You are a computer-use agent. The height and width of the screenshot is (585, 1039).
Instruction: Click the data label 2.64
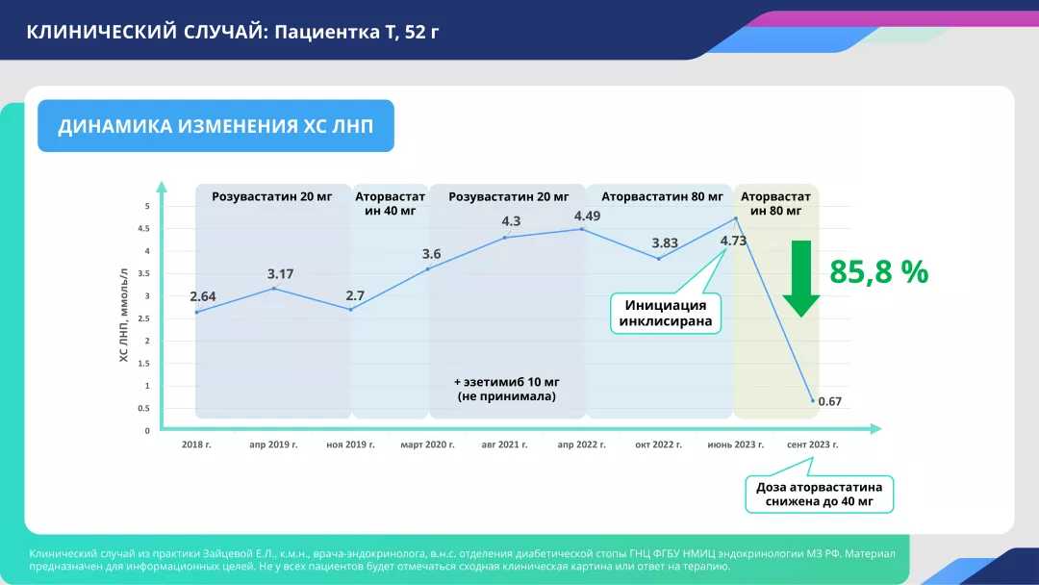[203, 296]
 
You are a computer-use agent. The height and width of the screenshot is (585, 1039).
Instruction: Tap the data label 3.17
[280, 273]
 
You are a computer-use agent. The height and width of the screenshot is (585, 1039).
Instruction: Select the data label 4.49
[587, 216]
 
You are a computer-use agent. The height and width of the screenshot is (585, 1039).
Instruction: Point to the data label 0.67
[829, 401]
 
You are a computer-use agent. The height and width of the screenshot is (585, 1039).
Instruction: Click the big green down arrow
[801, 278]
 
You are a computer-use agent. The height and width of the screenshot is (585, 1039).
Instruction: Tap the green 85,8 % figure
[878, 271]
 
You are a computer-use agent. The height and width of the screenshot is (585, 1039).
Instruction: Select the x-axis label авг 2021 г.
[504, 445]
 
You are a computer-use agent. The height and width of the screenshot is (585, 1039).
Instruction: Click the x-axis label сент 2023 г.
[812, 445]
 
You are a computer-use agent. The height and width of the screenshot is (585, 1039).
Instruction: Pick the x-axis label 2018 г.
[196, 445]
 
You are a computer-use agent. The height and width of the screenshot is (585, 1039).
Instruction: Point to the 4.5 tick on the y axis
[143, 229]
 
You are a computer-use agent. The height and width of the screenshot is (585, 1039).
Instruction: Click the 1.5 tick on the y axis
[143, 364]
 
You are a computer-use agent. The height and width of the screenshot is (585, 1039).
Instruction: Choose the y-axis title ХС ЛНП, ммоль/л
[123, 316]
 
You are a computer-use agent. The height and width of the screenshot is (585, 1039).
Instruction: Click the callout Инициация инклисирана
[666, 314]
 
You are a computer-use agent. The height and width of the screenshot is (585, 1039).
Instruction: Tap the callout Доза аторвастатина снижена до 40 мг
[819, 495]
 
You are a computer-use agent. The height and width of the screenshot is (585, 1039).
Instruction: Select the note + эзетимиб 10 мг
[506, 382]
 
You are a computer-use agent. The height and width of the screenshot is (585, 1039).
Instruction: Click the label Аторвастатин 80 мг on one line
[662, 197]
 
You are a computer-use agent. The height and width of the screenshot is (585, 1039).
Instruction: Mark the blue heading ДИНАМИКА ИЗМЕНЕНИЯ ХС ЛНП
[215, 126]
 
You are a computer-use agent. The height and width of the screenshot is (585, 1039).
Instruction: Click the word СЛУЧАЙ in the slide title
[224, 31]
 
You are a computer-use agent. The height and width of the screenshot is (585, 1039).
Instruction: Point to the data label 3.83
[665, 243]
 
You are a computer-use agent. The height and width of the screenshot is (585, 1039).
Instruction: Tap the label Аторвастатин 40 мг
[391, 203]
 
